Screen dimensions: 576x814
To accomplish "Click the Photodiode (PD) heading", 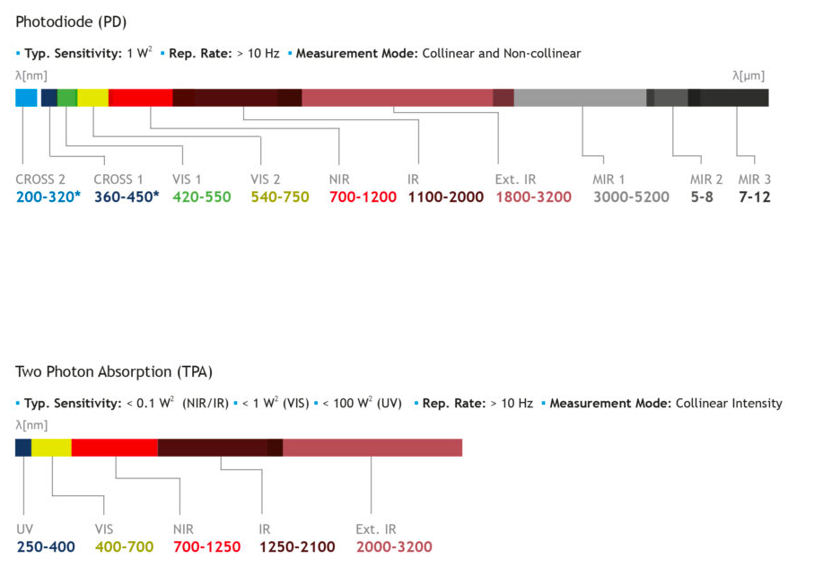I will (71, 21).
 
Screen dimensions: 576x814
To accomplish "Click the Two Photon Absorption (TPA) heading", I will (114, 371).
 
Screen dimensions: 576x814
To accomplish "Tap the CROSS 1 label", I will (118, 179).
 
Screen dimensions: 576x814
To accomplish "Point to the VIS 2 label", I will (266, 179).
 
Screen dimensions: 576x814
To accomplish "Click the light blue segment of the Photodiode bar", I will (26, 98).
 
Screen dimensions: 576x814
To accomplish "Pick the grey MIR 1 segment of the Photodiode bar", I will (580, 98).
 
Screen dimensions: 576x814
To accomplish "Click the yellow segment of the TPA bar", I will (51, 447).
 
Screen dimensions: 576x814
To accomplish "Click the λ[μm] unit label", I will (748, 75).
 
